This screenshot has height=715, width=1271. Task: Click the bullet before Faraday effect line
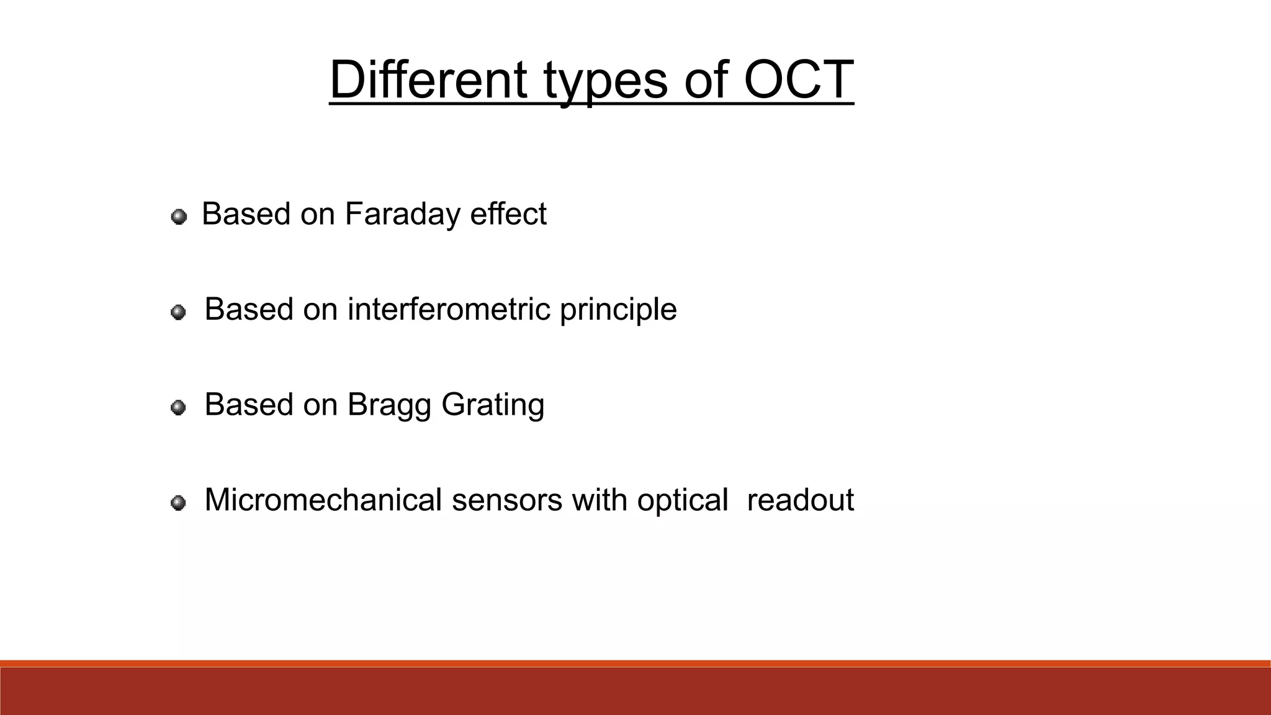click(179, 217)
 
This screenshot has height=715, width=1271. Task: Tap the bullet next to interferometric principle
click(178, 312)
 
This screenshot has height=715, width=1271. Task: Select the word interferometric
click(449, 309)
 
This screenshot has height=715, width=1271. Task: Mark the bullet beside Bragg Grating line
click(178, 407)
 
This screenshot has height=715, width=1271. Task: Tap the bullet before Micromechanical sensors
click(178, 503)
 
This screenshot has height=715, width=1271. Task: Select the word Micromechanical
click(323, 500)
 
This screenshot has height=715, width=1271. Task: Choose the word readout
click(800, 500)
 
